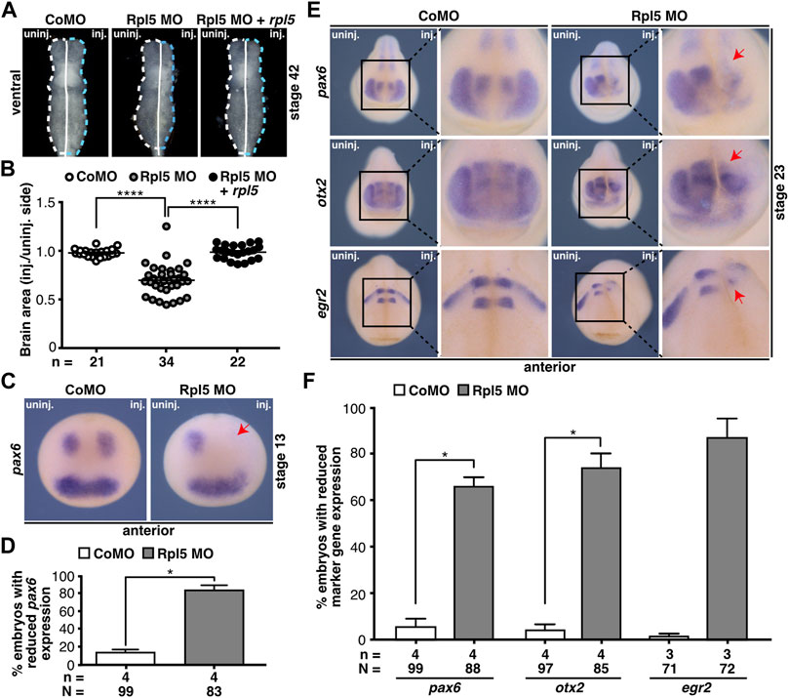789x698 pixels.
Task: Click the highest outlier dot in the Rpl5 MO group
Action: click(x=167, y=226)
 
